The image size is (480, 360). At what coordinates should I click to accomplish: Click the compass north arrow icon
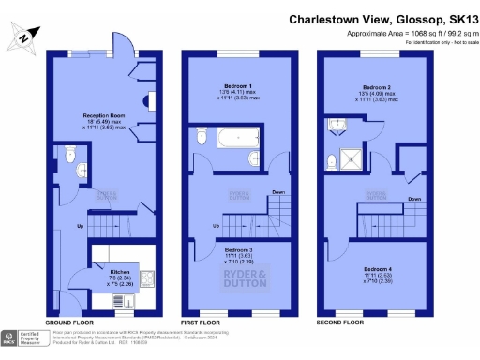tap(22, 38)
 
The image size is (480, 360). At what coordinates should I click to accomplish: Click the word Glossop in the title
tap(398, 18)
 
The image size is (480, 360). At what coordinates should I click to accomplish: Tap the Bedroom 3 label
tap(238, 249)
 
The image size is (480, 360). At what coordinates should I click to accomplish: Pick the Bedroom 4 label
tap(380, 268)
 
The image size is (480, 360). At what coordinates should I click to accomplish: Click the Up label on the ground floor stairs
tap(80, 226)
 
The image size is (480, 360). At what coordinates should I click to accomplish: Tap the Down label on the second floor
tap(413, 199)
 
